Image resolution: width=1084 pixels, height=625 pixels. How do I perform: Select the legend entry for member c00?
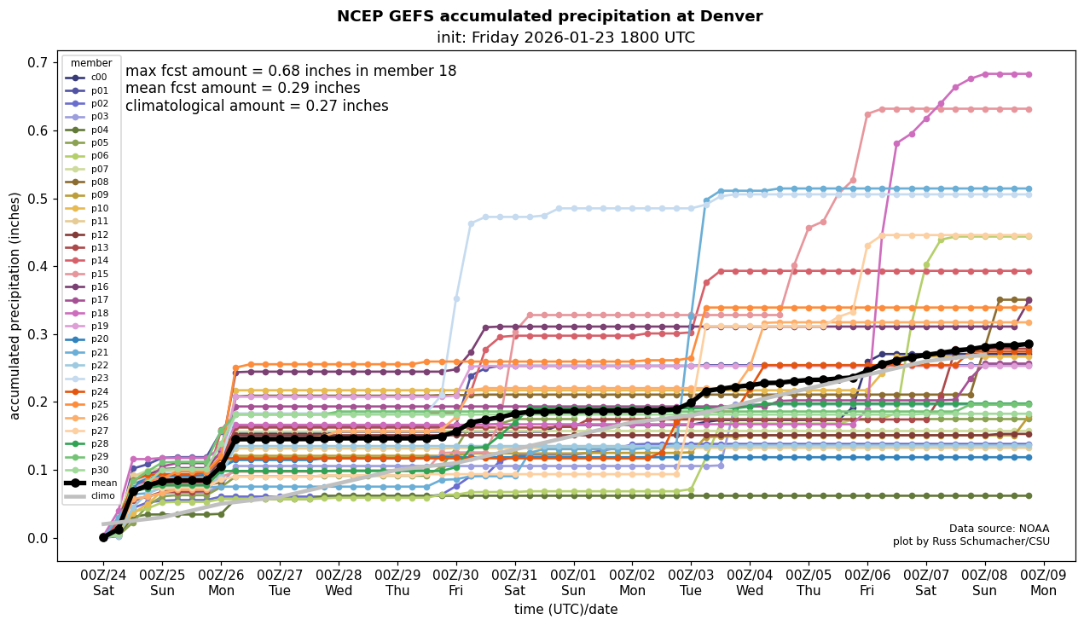tap(91, 77)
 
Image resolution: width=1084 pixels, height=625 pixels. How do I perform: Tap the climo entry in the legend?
tap(91, 495)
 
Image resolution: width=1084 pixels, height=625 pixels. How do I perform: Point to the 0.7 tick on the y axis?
tap(37, 62)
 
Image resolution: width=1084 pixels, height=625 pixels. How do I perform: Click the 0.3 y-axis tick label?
tap(37, 334)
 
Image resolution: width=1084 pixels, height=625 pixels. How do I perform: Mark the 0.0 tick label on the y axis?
tap(37, 538)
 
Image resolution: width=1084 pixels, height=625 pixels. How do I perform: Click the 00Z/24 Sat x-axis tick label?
tap(103, 582)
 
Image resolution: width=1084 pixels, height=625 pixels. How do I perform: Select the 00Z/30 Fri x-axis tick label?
tap(455, 582)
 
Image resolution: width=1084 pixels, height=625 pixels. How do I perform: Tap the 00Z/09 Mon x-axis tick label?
tap(1044, 582)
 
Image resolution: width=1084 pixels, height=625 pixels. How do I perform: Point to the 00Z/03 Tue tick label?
tap(691, 582)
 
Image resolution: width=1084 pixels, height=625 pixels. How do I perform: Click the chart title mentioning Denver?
tap(549, 16)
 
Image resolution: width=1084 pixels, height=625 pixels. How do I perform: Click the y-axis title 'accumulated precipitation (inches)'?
tap(15, 305)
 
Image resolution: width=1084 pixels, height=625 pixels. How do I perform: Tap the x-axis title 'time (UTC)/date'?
tap(565, 610)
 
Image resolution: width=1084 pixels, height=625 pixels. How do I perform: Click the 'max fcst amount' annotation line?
tap(291, 71)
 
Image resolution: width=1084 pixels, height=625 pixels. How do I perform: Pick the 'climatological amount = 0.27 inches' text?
tap(257, 106)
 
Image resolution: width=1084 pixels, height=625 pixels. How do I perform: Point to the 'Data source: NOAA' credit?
tap(999, 529)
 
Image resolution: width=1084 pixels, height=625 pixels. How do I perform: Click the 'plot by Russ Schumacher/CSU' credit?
tap(971, 541)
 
